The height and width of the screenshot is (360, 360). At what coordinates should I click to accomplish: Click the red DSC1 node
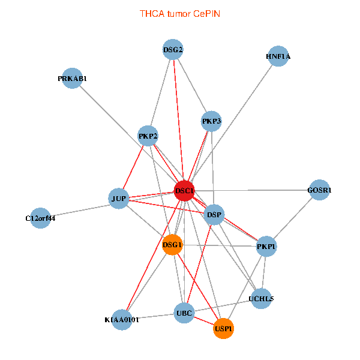pos(184,191)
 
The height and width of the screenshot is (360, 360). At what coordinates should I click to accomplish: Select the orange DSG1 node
pos(172,244)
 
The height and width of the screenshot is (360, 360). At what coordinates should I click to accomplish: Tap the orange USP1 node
pos(223,329)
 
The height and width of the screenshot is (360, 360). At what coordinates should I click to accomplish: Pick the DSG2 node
pos(173,49)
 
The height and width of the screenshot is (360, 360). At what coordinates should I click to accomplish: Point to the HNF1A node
pos(278,57)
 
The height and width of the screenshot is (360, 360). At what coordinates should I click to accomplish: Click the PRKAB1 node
pos(72,79)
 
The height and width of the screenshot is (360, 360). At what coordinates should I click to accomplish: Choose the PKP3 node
pos(211,121)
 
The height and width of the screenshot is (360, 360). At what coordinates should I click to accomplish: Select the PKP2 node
pos(148,136)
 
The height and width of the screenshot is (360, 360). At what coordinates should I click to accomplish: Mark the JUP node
pos(119,198)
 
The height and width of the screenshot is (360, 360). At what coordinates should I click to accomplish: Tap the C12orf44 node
pos(41,218)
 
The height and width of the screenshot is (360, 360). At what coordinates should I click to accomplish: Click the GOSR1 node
pos(319,190)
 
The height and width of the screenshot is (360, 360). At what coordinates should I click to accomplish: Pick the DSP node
pos(214,214)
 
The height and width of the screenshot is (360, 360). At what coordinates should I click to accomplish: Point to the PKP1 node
pos(266,246)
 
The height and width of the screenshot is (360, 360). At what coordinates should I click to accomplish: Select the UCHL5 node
pos(261,298)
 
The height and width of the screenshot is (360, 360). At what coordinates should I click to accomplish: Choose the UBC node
pos(184,313)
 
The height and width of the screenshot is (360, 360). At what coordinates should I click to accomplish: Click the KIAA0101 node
pos(122,320)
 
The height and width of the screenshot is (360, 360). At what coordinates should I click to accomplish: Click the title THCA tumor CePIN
pos(180,13)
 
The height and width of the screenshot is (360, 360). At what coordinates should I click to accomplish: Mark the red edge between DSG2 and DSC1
pos(178,120)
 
